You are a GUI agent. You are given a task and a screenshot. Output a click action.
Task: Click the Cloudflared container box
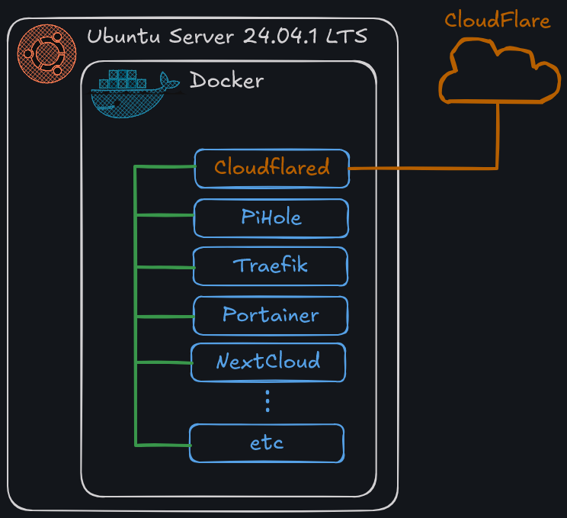click(271, 168)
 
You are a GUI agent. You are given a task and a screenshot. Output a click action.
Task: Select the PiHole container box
click(271, 218)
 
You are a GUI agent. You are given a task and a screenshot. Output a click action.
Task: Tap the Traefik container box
click(271, 266)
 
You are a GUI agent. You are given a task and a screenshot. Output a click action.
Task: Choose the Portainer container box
click(271, 315)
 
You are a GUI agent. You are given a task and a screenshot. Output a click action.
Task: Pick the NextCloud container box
click(268, 362)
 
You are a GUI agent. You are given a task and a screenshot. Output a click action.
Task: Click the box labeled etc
click(267, 443)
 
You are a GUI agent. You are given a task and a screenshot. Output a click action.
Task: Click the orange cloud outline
click(498, 74)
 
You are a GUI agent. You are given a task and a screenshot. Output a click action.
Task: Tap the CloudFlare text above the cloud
click(497, 21)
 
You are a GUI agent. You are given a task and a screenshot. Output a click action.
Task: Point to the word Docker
click(226, 80)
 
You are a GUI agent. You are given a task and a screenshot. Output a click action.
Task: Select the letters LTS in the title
click(347, 37)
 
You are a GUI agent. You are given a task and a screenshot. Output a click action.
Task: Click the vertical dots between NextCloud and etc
click(267, 401)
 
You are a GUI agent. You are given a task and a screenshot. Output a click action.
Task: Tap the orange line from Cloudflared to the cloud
click(427, 167)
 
